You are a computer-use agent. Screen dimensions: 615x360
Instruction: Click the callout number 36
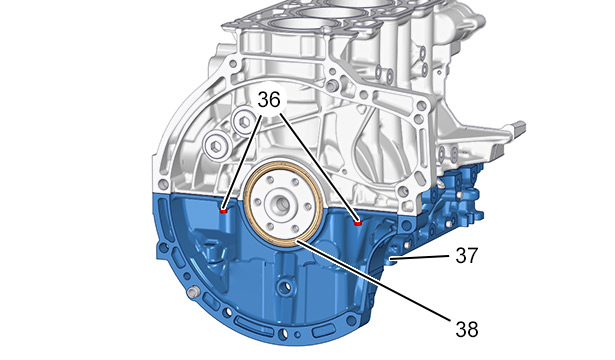coord(269,100)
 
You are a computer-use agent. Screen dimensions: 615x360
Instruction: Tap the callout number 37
coord(467,255)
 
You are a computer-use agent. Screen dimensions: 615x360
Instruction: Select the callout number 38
coord(467,329)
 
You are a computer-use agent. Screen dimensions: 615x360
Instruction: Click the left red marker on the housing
coord(224,211)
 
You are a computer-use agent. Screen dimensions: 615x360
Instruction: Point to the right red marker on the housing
coord(357,223)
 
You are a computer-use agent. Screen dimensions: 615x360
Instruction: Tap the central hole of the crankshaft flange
coord(283,204)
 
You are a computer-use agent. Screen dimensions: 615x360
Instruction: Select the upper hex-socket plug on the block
coord(244,122)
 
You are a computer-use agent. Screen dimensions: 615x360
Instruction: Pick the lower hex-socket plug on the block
coord(217,147)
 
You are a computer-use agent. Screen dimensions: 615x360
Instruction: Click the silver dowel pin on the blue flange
coord(193,292)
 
